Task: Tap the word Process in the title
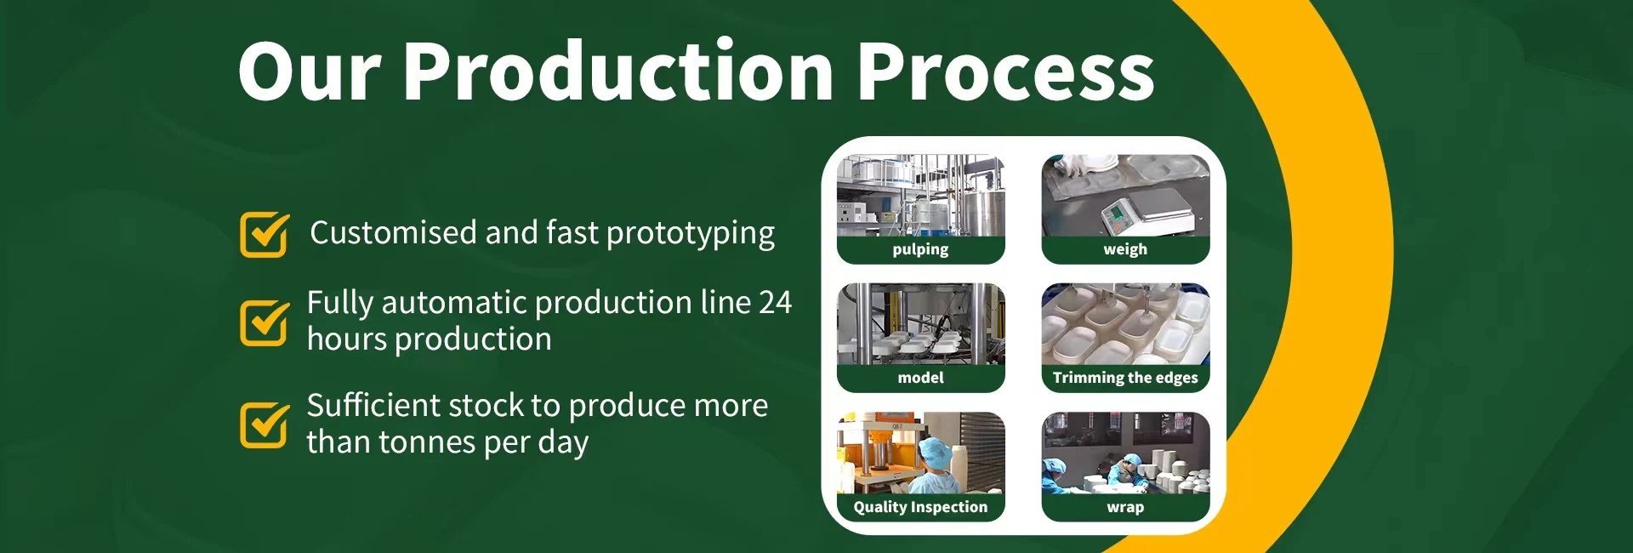tap(1006, 71)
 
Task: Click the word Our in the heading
tap(310, 71)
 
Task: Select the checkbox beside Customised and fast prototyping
tap(265, 234)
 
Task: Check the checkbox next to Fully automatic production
tap(265, 322)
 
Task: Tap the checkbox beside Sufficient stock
tap(265, 424)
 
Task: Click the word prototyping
tap(690, 234)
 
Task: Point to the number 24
tap(775, 303)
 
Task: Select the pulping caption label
tap(920, 249)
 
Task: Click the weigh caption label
tap(1125, 249)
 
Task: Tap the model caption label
tap(920, 378)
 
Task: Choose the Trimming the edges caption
tap(1125, 378)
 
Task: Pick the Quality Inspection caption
tap(920, 507)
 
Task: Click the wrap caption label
tap(1125, 507)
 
